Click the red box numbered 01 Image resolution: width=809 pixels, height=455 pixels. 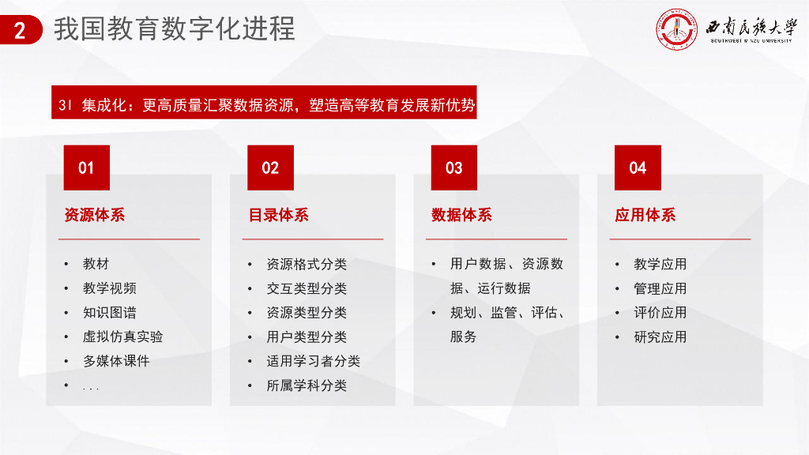coord(86,167)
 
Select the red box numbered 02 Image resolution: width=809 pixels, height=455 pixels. coord(270,167)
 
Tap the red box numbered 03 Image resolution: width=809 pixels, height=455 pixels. coord(453,167)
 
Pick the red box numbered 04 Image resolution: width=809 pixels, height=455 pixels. coord(638,167)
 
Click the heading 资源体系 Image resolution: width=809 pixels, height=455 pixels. coord(95,215)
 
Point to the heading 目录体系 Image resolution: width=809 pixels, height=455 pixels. coord(279,215)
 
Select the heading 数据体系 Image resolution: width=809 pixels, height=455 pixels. coord(462,215)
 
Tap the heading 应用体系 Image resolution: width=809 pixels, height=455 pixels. coord(645,215)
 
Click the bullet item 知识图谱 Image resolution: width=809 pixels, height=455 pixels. coord(109,313)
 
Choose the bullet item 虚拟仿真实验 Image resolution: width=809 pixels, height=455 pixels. coord(122,337)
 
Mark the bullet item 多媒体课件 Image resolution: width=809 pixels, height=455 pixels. coord(116,361)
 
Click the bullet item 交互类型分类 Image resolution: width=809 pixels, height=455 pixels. coord(307,288)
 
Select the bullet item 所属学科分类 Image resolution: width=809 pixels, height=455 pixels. coord(307,385)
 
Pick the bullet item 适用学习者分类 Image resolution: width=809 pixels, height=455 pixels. coord(313,361)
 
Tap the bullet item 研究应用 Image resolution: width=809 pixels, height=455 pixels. coord(660,337)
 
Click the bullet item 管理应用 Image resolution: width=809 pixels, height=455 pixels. coord(660,288)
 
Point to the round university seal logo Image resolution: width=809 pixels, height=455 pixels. coord(677,30)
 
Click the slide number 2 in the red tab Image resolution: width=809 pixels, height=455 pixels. coord(20,31)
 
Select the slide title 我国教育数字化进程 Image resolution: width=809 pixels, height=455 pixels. coord(175,29)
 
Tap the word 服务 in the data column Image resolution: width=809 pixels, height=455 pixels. coord(464,337)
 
